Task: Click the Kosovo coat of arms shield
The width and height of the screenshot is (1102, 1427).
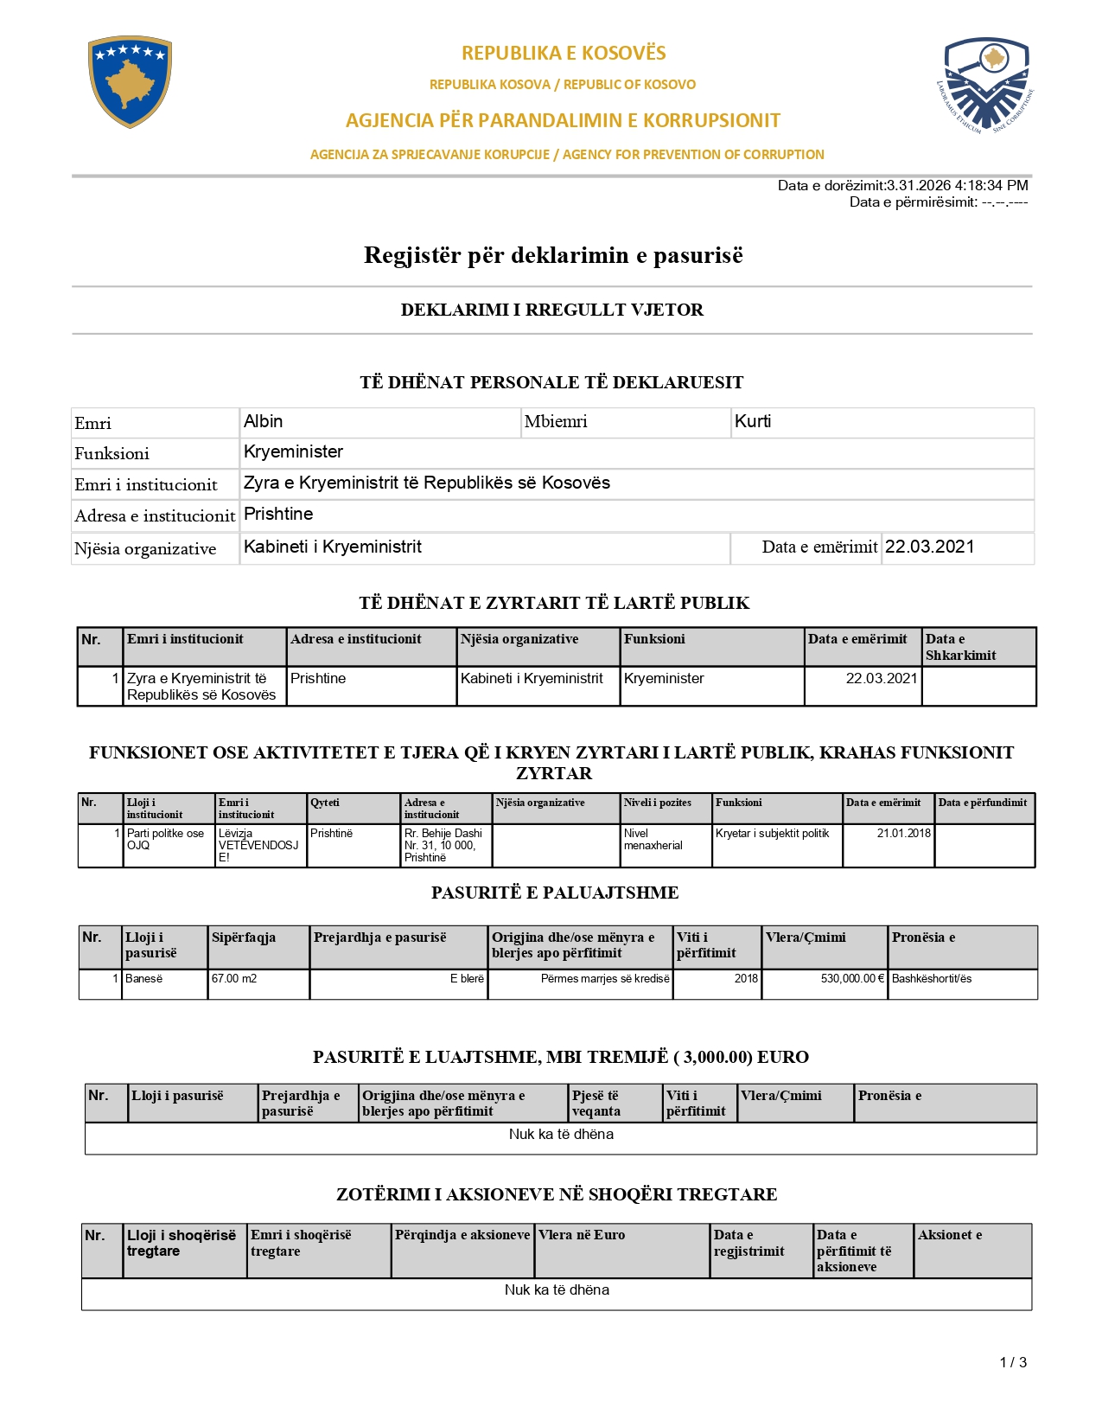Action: (130, 81)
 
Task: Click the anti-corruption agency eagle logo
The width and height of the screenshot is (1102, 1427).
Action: (986, 85)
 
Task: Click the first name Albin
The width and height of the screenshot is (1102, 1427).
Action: (264, 421)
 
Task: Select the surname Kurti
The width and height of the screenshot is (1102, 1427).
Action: (753, 421)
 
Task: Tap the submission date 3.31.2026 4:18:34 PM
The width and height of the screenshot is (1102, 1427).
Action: (957, 185)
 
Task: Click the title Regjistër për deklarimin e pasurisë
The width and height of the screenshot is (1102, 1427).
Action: (553, 255)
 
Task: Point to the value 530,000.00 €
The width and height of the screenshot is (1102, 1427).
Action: (852, 978)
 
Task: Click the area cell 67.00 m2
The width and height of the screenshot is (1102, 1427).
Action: (234, 978)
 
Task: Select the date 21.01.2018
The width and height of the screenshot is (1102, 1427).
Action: (904, 833)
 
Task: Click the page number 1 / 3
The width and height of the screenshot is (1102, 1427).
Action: (1013, 1362)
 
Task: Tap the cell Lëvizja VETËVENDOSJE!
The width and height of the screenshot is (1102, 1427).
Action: (258, 845)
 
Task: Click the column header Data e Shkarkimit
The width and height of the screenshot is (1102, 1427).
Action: (960, 647)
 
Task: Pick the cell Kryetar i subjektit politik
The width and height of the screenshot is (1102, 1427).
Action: (772, 833)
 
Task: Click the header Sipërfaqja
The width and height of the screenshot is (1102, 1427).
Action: (244, 937)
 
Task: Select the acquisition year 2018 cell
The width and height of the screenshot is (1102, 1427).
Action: (746, 978)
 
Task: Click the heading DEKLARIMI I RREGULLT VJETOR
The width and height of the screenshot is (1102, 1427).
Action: (551, 310)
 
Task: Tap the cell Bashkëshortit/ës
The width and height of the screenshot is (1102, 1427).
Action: (932, 978)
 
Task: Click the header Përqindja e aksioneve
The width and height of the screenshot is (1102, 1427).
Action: (462, 1235)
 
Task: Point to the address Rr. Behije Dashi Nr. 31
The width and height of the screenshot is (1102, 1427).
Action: (443, 845)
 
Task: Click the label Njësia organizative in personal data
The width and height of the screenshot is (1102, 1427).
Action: (145, 549)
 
